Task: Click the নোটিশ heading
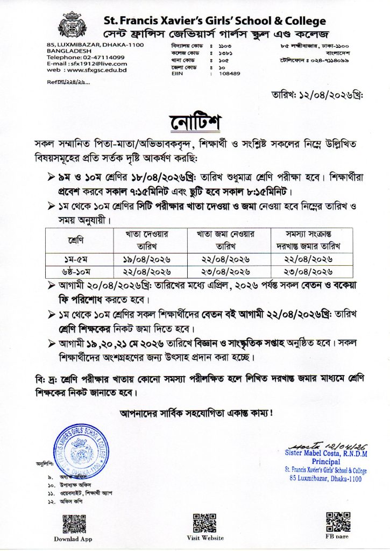[x=195, y=122]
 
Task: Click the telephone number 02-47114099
[x=102, y=57]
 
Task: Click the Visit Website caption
[x=205, y=538]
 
